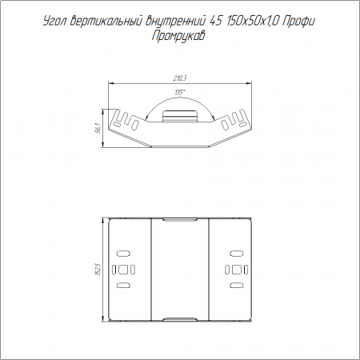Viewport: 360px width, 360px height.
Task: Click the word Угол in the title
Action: (55, 22)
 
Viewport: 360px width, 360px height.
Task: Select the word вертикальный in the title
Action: (106, 21)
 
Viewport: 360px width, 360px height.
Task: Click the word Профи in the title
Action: (298, 22)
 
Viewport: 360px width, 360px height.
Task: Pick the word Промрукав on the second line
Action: (178, 36)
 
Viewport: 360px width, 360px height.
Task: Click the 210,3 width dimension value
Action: (180, 78)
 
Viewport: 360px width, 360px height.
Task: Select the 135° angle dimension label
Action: (180, 93)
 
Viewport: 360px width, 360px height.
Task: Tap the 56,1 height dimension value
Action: (98, 128)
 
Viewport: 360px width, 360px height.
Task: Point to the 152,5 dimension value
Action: (98, 270)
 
